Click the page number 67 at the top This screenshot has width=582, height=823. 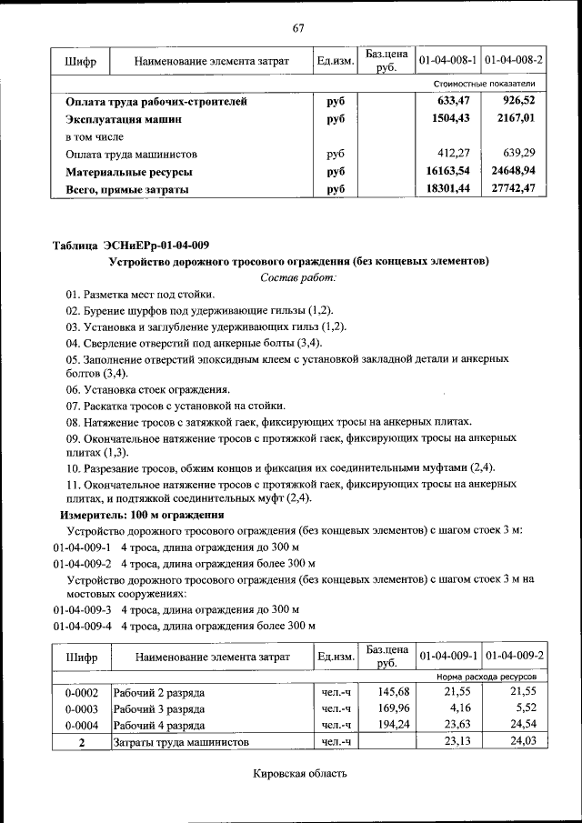(x=297, y=27)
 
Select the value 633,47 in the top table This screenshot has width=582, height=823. (x=458, y=102)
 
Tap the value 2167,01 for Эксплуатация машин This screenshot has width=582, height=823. (x=516, y=119)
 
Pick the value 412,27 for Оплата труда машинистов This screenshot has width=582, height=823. (x=458, y=155)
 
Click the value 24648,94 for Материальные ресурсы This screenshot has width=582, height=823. (x=513, y=172)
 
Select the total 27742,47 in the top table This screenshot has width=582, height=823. (x=513, y=189)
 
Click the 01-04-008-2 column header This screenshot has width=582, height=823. (x=514, y=61)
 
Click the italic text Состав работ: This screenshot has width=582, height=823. (x=298, y=277)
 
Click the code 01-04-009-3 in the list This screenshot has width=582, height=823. (x=82, y=608)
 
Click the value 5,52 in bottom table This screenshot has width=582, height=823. (x=526, y=708)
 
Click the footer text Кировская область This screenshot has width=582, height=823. (x=300, y=775)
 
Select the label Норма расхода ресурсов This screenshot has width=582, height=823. (x=486, y=677)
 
